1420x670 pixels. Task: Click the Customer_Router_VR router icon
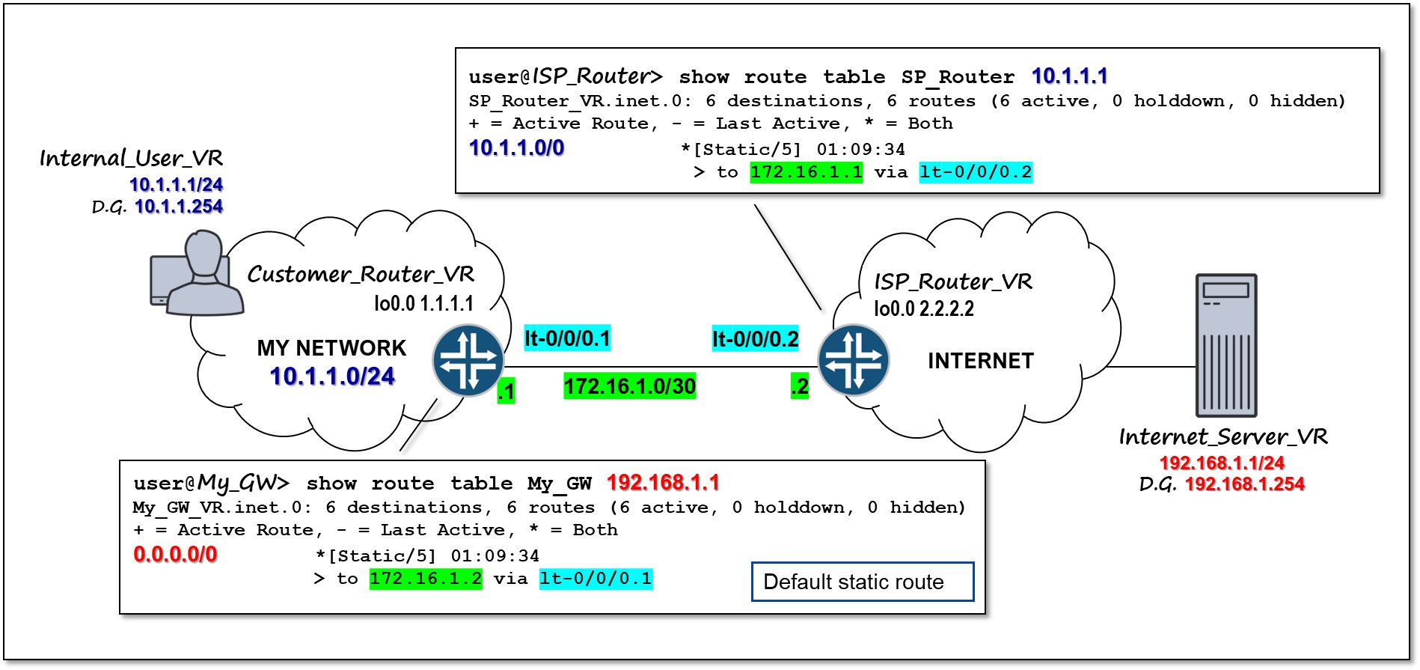(x=468, y=360)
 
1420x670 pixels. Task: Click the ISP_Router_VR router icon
(x=854, y=360)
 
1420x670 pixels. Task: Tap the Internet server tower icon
(x=1225, y=345)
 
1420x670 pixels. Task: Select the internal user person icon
(x=198, y=274)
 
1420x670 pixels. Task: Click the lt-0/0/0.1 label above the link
(x=567, y=338)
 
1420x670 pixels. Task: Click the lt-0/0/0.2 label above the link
(x=755, y=339)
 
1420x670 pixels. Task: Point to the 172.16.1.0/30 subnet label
(x=629, y=386)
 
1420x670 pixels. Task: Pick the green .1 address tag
(x=506, y=391)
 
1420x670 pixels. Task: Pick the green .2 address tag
(x=800, y=386)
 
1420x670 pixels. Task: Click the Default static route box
(x=862, y=582)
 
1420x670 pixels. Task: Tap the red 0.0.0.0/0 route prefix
(x=175, y=554)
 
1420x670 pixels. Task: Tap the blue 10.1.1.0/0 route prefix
(x=516, y=147)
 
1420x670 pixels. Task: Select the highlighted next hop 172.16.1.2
(x=426, y=579)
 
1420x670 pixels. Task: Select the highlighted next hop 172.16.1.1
(x=806, y=172)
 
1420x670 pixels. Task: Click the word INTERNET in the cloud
(x=980, y=361)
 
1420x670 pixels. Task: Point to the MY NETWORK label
(x=331, y=348)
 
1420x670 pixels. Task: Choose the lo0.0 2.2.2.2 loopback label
(x=924, y=308)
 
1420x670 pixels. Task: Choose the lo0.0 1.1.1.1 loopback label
(x=423, y=303)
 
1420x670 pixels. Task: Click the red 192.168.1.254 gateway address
(x=1244, y=484)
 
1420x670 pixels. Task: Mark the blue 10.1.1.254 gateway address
(x=179, y=207)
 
